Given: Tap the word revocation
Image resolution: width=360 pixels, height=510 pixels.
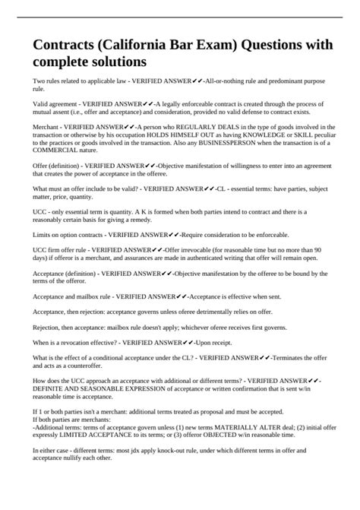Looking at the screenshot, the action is coord(67,343).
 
